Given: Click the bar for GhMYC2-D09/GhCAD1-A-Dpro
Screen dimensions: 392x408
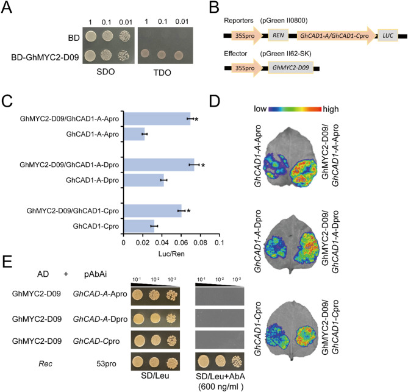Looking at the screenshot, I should point(159,164).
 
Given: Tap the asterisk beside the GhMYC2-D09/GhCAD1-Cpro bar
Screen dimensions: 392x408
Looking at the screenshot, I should point(189,212).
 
